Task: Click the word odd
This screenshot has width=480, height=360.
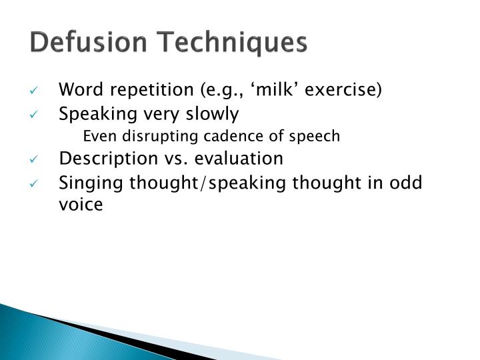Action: tap(408, 183)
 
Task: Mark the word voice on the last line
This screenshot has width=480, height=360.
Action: tap(81, 205)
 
